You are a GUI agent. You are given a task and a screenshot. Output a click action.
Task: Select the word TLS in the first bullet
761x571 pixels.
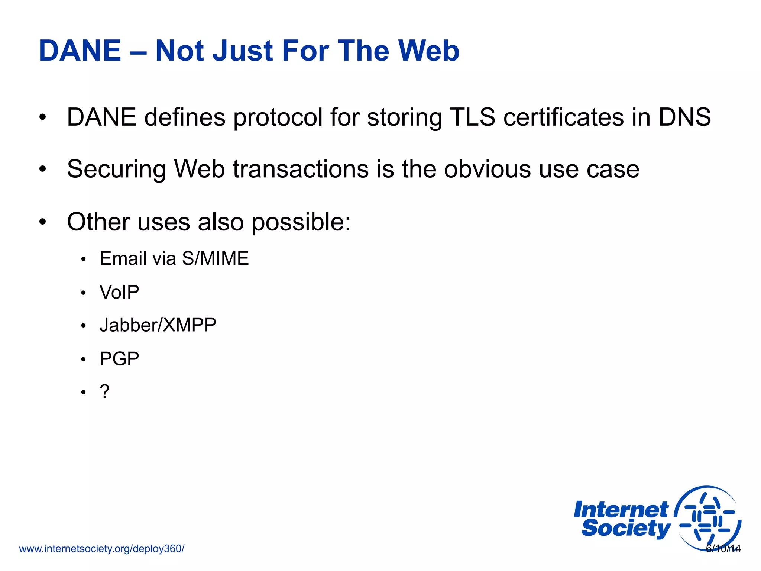coord(472,117)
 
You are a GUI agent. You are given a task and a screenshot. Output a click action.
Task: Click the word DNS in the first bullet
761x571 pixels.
coord(684,117)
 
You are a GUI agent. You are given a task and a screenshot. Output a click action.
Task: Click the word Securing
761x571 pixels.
coord(116,170)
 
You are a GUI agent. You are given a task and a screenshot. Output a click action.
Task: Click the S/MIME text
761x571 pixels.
coord(216,258)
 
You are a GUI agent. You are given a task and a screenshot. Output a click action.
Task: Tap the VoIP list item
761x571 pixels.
coord(119,292)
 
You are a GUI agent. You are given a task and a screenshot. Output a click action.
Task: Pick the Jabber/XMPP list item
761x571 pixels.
coord(158,325)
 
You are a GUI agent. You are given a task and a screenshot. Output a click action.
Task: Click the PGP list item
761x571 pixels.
coord(119,359)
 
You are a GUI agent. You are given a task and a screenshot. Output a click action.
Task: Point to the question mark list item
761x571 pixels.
coord(104,392)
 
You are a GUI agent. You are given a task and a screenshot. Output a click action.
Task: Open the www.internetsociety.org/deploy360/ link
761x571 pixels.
coord(101,549)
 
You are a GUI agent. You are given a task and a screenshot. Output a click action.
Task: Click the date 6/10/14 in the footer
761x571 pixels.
coord(723,549)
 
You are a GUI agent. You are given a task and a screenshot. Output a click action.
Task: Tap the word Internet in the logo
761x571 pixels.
coord(621,510)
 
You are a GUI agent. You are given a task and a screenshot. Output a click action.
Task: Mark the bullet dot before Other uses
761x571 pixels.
coord(43,222)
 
